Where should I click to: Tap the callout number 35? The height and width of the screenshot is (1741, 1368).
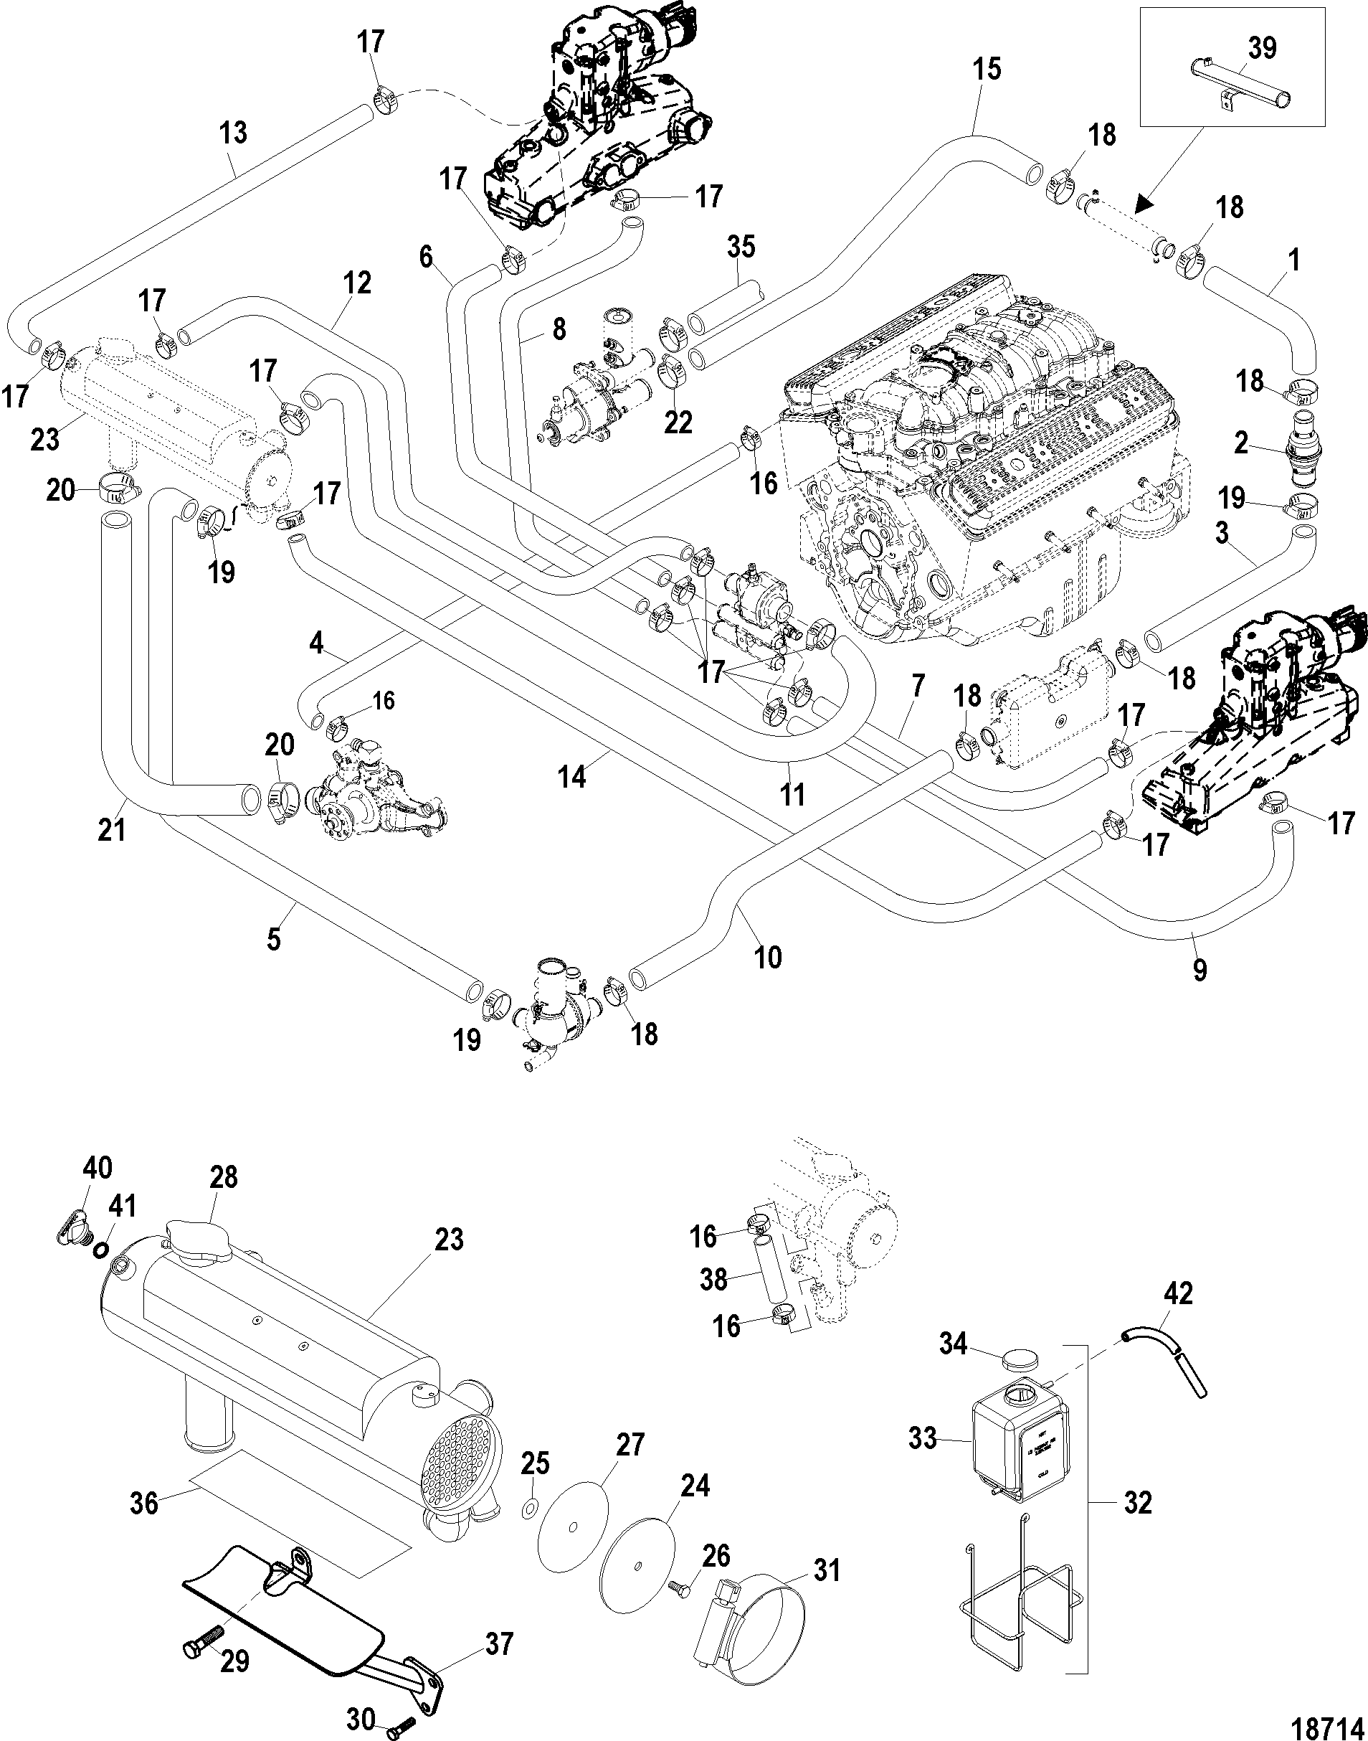click(x=741, y=247)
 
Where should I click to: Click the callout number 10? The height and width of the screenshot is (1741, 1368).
click(x=767, y=957)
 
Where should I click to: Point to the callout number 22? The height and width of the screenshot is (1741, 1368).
click(x=678, y=423)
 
